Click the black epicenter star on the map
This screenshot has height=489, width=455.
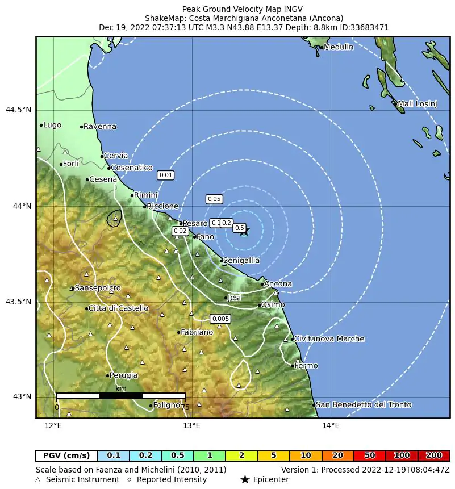[x=244, y=231]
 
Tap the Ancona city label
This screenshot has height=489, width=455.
[x=278, y=284]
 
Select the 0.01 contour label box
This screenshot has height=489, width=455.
[x=165, y=175]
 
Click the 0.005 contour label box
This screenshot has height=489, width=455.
[x=220, y=319]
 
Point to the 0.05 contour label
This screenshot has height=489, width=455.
[x=214, y=199]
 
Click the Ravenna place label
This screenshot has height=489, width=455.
[x=99, y=127]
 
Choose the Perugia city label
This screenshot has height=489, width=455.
[x=123, y=375]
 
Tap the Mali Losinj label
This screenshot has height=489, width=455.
[x=417, y=104]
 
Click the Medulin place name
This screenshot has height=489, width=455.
[x=338, y=47]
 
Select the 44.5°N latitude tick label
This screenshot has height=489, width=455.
[x=18, y=110]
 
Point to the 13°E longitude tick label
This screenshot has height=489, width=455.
[x=192, y=425]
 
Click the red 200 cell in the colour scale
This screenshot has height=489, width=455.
[x=434, y=455]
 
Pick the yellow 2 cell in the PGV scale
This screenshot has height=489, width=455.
[x=241, y=455]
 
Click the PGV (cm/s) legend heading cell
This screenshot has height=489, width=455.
[x=66, y=455]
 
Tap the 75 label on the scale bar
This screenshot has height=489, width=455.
[x=185, y=407]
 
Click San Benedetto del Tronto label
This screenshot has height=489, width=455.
[x=363, y=405]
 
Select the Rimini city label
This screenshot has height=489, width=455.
[x=145, y=195]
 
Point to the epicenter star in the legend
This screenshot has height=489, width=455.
[x=245, y=480]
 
